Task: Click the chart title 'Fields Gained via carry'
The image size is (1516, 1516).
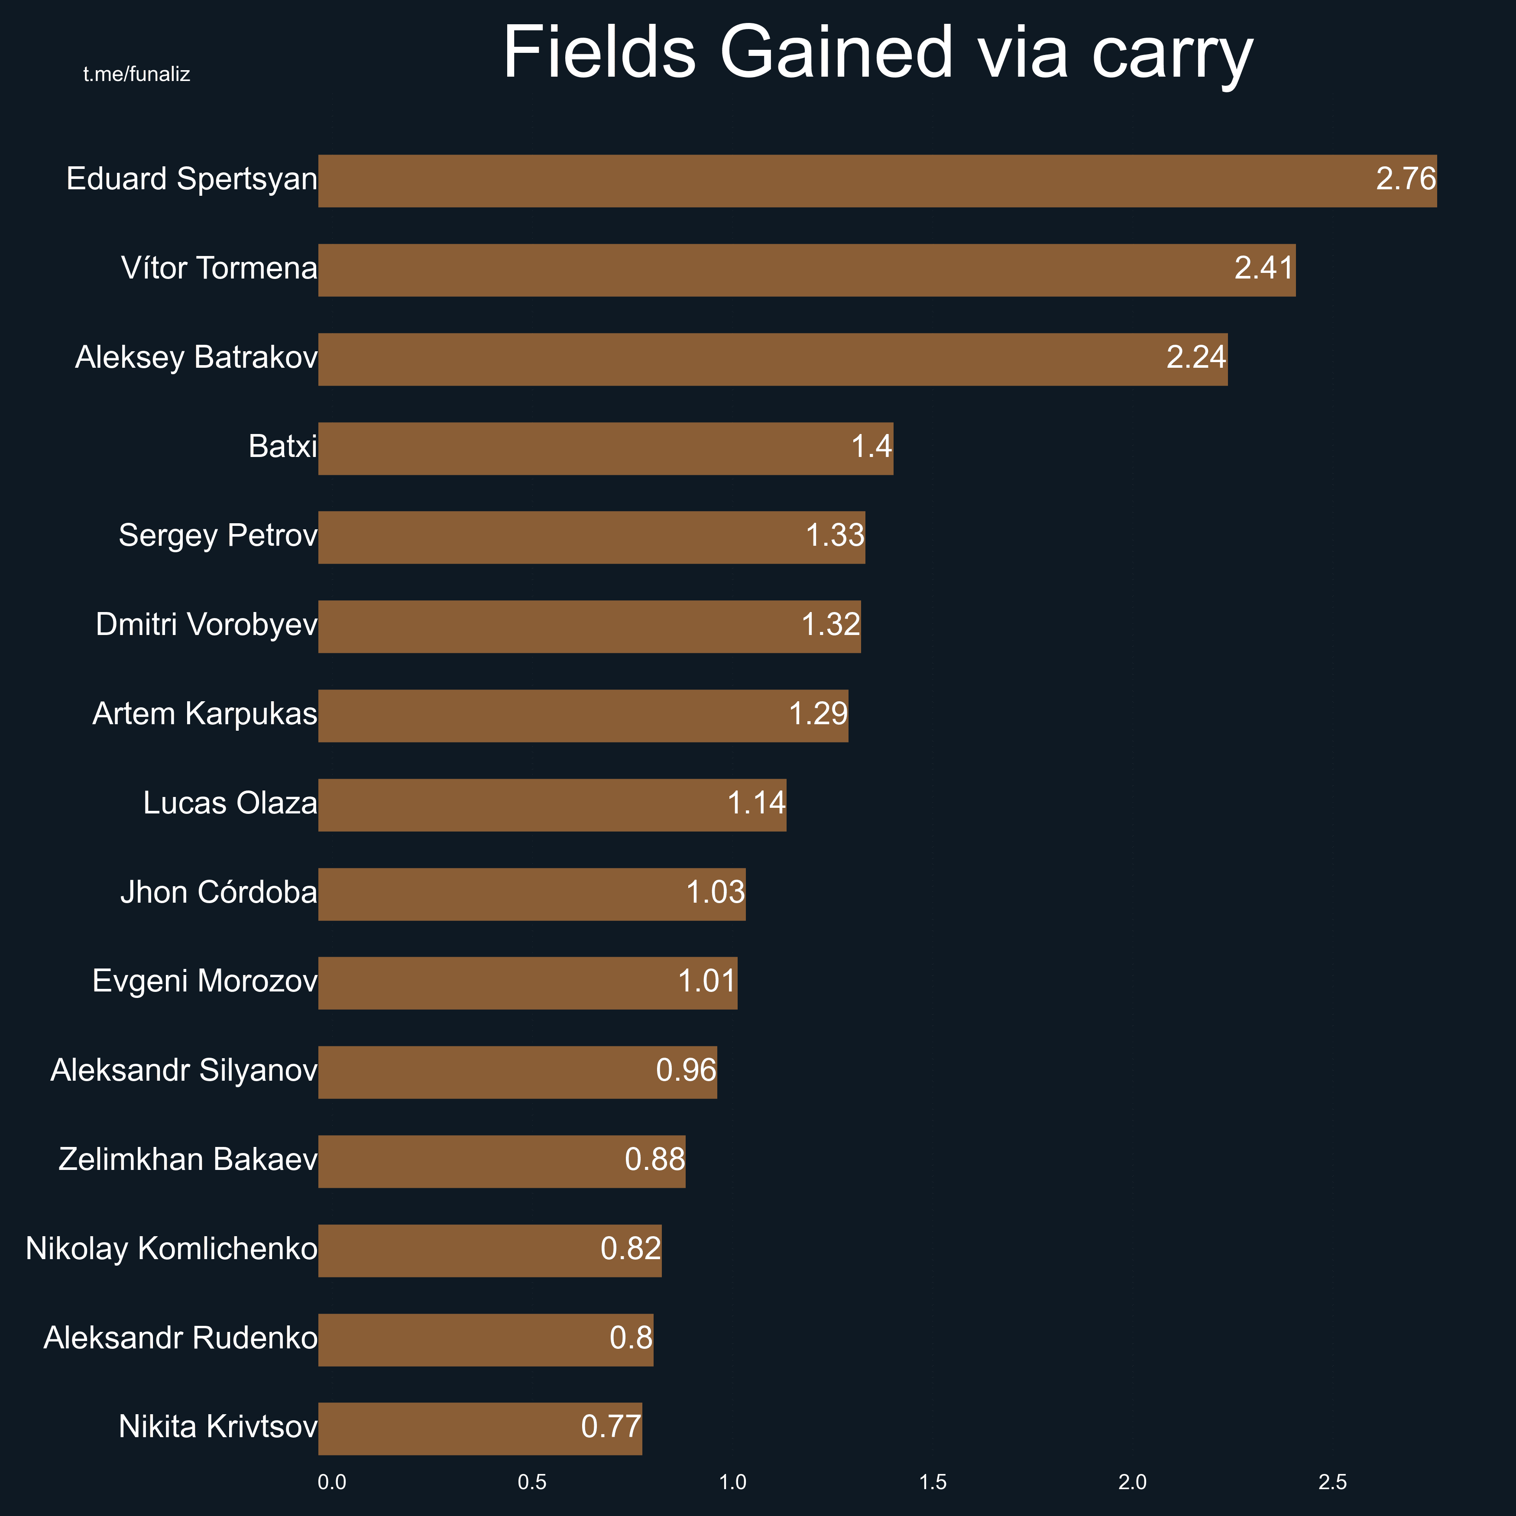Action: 877,53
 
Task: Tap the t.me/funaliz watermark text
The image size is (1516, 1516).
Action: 136,75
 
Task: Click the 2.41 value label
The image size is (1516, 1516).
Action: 1263,269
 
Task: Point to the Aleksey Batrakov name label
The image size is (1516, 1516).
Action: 196,358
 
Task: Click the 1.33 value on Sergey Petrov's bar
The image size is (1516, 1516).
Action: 835,536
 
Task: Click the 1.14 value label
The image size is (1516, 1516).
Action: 756,803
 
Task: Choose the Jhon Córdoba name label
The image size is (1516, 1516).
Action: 219,893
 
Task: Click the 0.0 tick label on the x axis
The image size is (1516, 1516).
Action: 332,1482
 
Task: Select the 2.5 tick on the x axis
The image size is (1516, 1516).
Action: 1332,1482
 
